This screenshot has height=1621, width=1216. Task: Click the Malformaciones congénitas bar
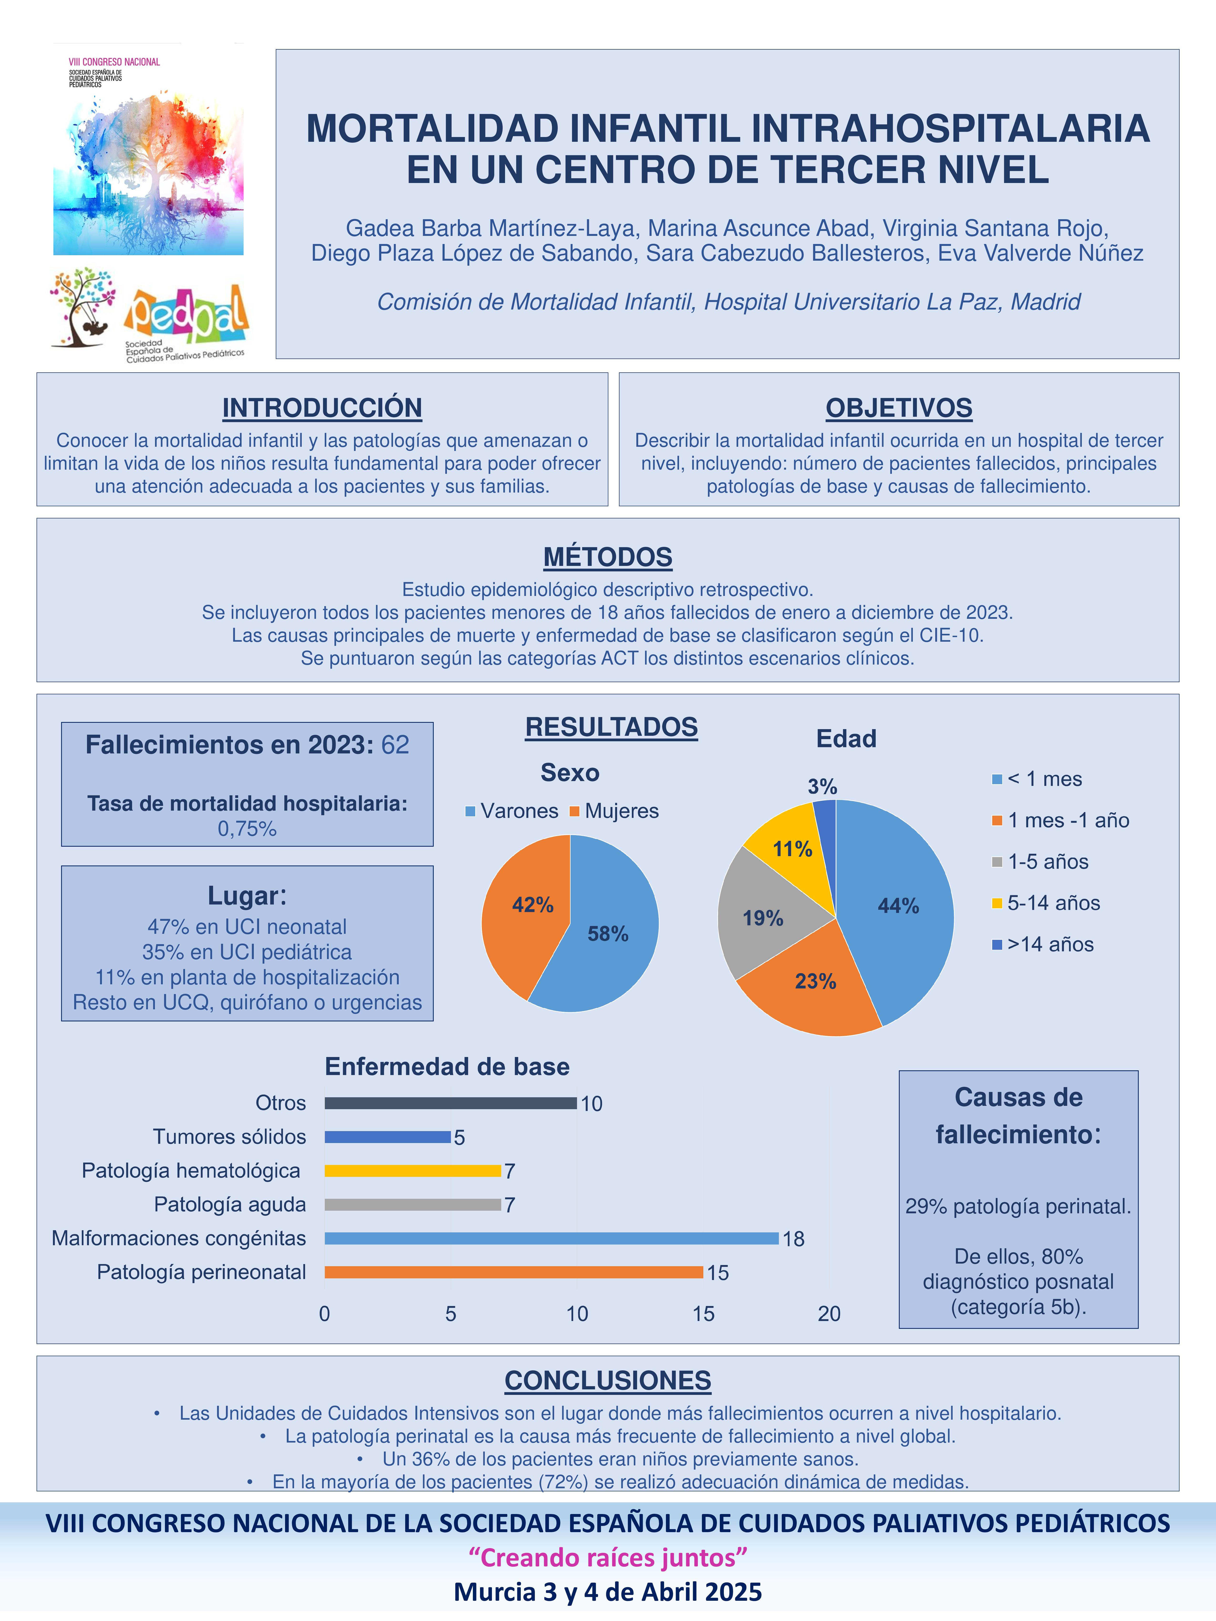click(551, 1239)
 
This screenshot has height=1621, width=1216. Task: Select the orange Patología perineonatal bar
click(513, 1272)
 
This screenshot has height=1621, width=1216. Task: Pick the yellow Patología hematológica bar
click(412, 1171)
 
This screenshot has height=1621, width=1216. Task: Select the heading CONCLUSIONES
click(608, 1381)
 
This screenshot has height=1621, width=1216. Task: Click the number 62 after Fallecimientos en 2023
click(395, 745)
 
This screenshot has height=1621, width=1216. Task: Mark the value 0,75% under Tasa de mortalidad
click(247, 829)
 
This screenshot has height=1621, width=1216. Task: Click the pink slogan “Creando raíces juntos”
click(608, 1557)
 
